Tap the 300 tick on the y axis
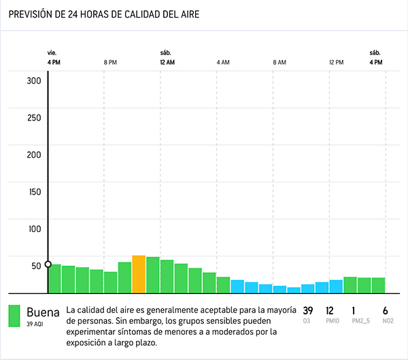pos(34,80)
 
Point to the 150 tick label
pos(34,191)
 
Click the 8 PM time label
pos(110,62)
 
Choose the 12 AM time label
pos(167,62)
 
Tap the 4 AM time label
pos(223,62)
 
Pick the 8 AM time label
pos(279,62)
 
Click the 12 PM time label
pos(336,62)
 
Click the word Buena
pos(43,312)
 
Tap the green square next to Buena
pos(14,316)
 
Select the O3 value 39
pos(308,310)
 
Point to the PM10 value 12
pos(330,310)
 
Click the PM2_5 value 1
pos(354,310)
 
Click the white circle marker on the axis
pos(48,264)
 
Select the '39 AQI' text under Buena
pos(35,324)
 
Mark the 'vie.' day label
pos(52,52)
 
